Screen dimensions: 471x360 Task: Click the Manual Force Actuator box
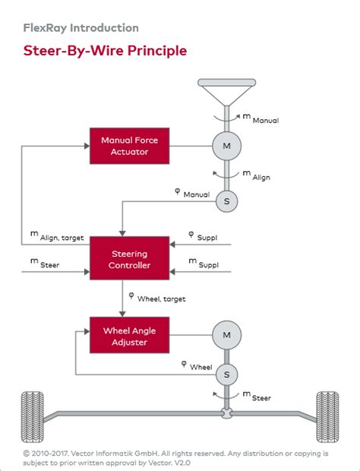[x=125, y=145]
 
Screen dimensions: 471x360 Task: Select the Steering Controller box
[x=125, y=259]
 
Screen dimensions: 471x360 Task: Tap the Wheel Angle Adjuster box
[x=125, y=337]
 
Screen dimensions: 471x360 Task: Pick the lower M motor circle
[x=226, y=334]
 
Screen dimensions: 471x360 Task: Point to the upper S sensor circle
[x=226, y=201]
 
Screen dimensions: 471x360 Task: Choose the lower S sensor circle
[x=226, y=374]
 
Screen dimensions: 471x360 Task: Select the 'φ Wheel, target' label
[x=156, y=297]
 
